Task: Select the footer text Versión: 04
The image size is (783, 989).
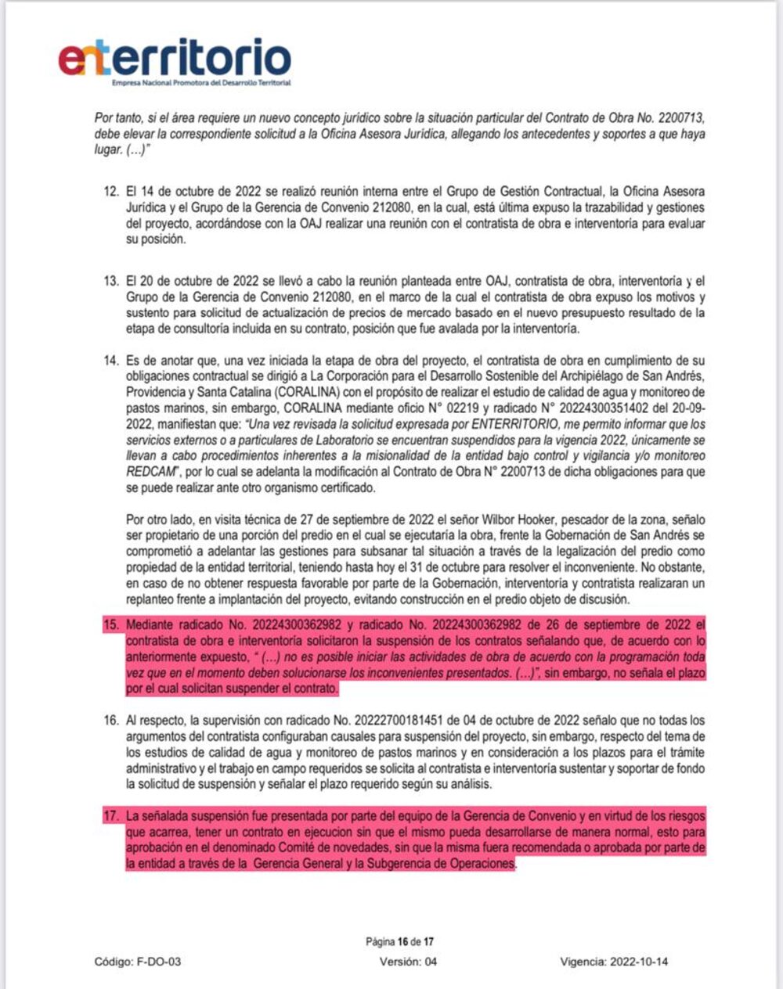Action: click(408, 962)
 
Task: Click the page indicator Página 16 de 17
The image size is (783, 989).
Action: click(399, 941)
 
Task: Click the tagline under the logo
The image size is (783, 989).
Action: click(201, 82)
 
